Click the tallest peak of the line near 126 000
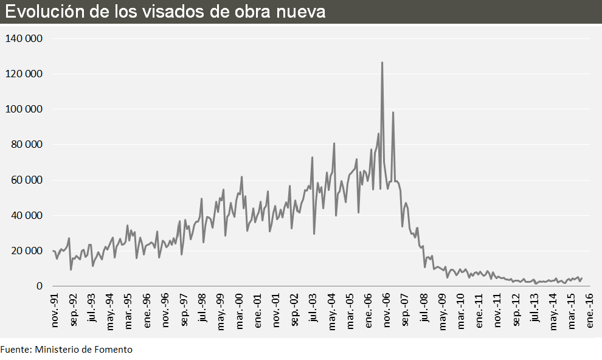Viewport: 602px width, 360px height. (x=382, y=63)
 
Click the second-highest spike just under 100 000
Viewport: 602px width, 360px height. (x=393, y=112)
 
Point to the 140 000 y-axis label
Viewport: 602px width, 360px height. (x=24, y=38)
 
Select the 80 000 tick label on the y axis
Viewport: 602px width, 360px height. (x=26, y=145)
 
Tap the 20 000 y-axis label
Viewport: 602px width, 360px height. (x=26, y=251)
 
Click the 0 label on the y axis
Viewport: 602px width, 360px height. (x=40, y=286)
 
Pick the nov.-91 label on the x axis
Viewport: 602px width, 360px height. (x=55, y=311)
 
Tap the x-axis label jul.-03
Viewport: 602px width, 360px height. (x=313, y=310)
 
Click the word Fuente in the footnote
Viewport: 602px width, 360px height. (x=15, y=350)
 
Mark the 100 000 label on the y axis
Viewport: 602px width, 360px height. (x=24, y=109)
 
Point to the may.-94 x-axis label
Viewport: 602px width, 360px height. (x=110, y=311)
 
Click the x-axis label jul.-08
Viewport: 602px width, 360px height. (x=423, y=310)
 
